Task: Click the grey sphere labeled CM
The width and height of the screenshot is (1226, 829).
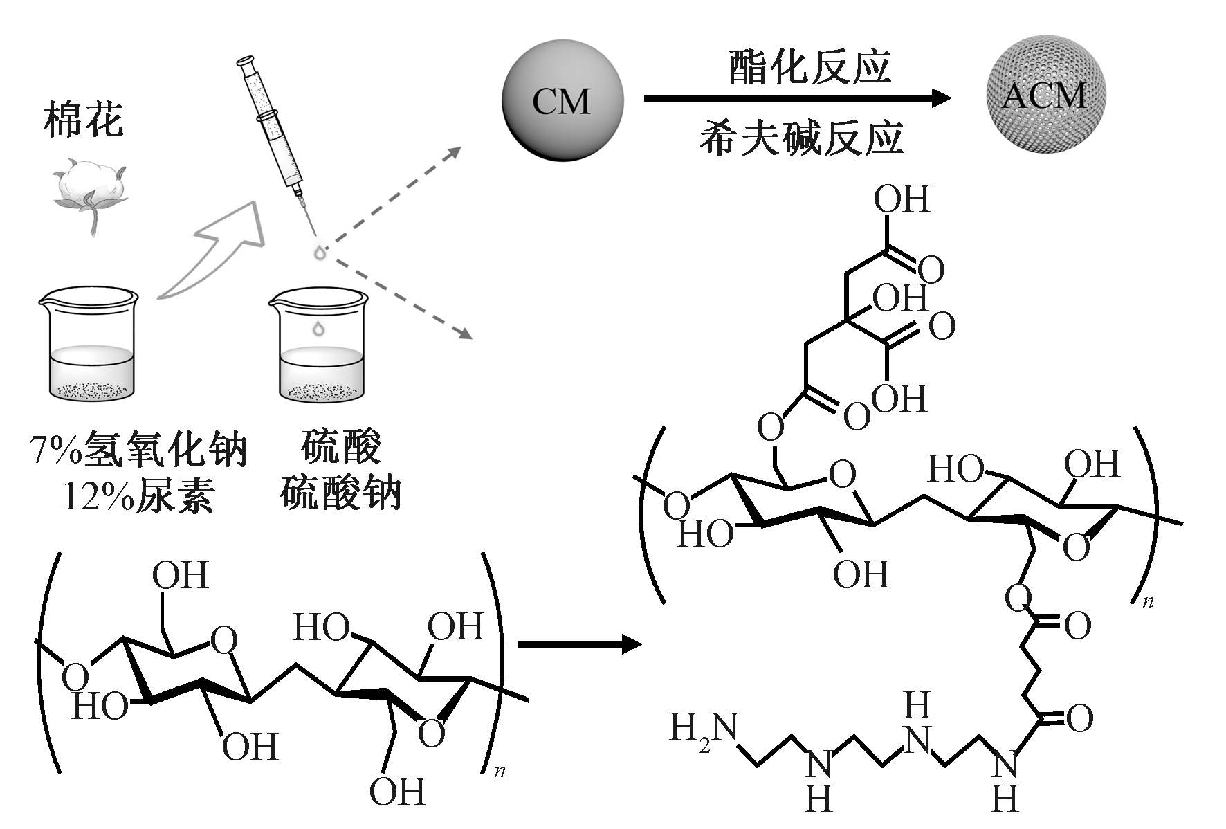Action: pyautogui.click(x=562, y=101)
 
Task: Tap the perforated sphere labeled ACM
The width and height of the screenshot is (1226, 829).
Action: pyautogui.click(x=1045, y=94)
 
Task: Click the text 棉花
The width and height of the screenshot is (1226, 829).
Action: pyautogui.click(x=83, y=120)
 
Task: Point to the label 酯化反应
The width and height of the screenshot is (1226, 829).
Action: pyautogui.click(x=809, y=67)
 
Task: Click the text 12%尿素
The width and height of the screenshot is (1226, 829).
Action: pyautogui.click(x=138, y=496)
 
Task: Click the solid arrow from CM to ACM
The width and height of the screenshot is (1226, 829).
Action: pyautogui.click(x=796, y=98)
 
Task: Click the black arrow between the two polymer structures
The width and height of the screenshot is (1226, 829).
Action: pyautogui.click(x=580, y=644)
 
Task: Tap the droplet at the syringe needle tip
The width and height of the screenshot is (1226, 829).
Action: pyautogui.click(x=320, y=253)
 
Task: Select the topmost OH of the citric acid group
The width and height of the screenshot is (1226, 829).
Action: pyautogui.click(x=901, y=199)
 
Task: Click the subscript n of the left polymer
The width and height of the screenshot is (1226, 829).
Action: pyautogui.click(x=500, y=771)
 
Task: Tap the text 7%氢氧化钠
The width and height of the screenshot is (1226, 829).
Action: pyautogui.click(x=138, y=451)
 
